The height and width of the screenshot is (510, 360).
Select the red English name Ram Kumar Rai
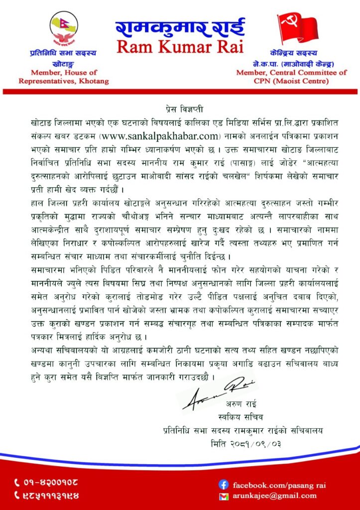(180, 47)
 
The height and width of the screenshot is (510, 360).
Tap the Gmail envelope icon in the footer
(224, 496)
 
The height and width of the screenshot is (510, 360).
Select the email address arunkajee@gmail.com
(274, 496)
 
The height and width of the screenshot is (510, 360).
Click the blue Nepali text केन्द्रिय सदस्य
(297, 55)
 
